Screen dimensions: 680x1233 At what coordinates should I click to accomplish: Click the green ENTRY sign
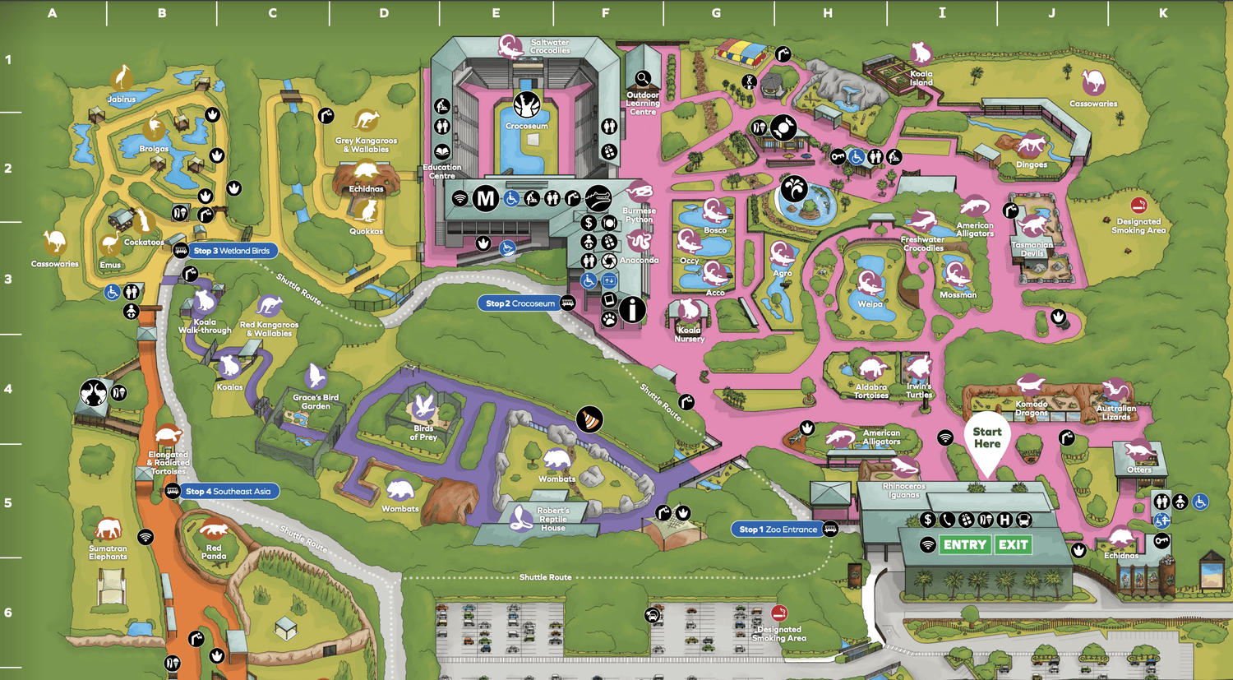tap(965, 545)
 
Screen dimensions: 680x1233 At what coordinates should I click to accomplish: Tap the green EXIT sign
tap(1013, 545)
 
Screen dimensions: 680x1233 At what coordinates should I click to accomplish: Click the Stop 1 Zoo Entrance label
tap(778, 530)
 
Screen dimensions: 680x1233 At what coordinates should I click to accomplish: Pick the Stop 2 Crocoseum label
tap(520, 303)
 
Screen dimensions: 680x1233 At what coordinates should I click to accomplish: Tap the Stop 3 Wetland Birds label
tap(232, 251)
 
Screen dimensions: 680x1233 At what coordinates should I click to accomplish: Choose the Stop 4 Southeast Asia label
tap(228, 492)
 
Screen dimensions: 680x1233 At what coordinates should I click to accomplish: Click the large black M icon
tap(486, 198)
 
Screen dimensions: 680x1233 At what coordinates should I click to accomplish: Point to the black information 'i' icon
tap(632, 310)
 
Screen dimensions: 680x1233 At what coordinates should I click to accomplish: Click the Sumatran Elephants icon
tap(108, 530)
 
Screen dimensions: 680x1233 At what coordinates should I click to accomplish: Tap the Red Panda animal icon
tap(214, 530)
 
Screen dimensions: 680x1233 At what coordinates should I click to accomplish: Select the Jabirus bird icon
tap(122, 79)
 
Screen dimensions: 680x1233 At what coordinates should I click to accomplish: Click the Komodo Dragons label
tap(1031, 409)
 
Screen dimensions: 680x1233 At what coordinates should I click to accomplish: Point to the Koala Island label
tap(921, 78)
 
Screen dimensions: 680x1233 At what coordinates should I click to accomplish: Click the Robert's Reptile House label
tap(552, 519)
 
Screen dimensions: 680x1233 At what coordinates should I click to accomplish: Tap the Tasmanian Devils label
tap(1032, 249)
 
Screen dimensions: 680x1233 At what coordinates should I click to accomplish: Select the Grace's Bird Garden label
tap(316, 401)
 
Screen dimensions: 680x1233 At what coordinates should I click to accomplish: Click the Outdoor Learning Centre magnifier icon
tap(643, 79)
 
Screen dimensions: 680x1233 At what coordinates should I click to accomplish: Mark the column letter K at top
tap(1162, 13)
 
